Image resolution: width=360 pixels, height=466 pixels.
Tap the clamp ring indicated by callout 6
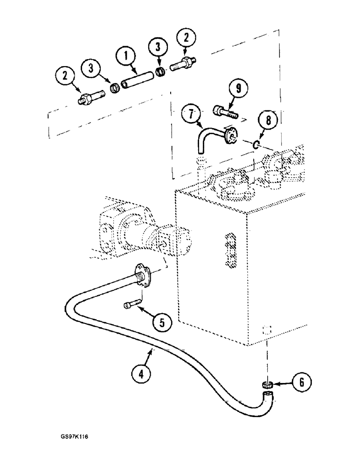[x=267, y=385]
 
